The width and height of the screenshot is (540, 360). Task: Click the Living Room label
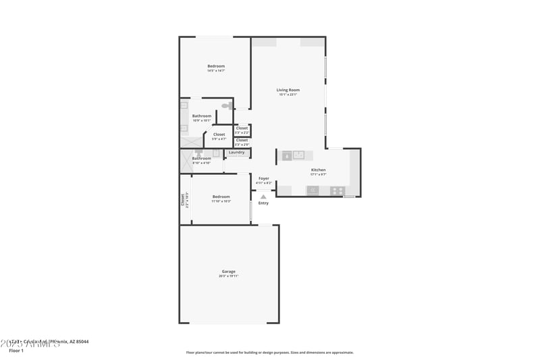[x=288, y=90]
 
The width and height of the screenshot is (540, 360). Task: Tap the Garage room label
[x=228, y=272]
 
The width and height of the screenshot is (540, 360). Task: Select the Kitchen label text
[x=318, y=170]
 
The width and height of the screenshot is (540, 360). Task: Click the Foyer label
[x=264, y=178]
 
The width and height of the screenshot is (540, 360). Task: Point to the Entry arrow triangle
[x=263, y=197]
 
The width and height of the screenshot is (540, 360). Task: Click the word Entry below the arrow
[x=263, y=203]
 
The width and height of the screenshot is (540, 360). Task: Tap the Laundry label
[x=236, y=153]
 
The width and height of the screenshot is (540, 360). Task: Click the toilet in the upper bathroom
[x=226, y=106]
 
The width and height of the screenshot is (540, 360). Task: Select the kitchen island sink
[x=287, y=155]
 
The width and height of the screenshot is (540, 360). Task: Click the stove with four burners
[x=337, y=190]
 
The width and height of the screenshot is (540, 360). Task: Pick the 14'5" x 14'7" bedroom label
[x=216, y=66]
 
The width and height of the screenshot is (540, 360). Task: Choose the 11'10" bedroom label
[x=221, y=197]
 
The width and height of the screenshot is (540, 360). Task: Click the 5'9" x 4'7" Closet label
[x=219, y=134]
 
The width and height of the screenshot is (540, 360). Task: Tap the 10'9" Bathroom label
[x=201, y=116]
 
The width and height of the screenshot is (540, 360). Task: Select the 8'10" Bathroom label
[x=201, y=158]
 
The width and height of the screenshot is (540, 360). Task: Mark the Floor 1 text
[x=16, y=351]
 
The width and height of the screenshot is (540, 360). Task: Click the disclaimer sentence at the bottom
[x=269, y=352]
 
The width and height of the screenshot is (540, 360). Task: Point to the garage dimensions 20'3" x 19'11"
[x=228, y=276]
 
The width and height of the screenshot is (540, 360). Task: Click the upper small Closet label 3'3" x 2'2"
[x=242, y=128]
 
